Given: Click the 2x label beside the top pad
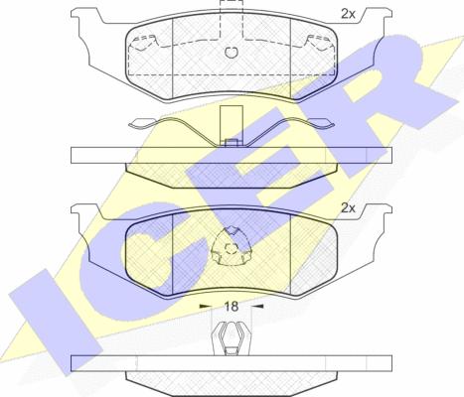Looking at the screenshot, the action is pyautogui.click(x=348, y=14).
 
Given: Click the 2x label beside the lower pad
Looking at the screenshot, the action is pyautogui.click(x=348, y=208).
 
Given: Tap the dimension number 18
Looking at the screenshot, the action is pyautogui.click(x=232, y=307).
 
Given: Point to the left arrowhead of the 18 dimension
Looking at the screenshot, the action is pyautogui.click(x=205, y=307).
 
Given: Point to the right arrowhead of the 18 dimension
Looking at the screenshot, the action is pyautogui.click(x=257, y=307).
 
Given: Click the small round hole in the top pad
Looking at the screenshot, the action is pyautogui.click(x=231, y=52).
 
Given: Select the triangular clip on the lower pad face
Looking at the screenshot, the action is pyautogui.click(x=232, y=246).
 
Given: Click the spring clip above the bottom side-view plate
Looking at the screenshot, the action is pyautogui.click(x=232, y=338).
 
